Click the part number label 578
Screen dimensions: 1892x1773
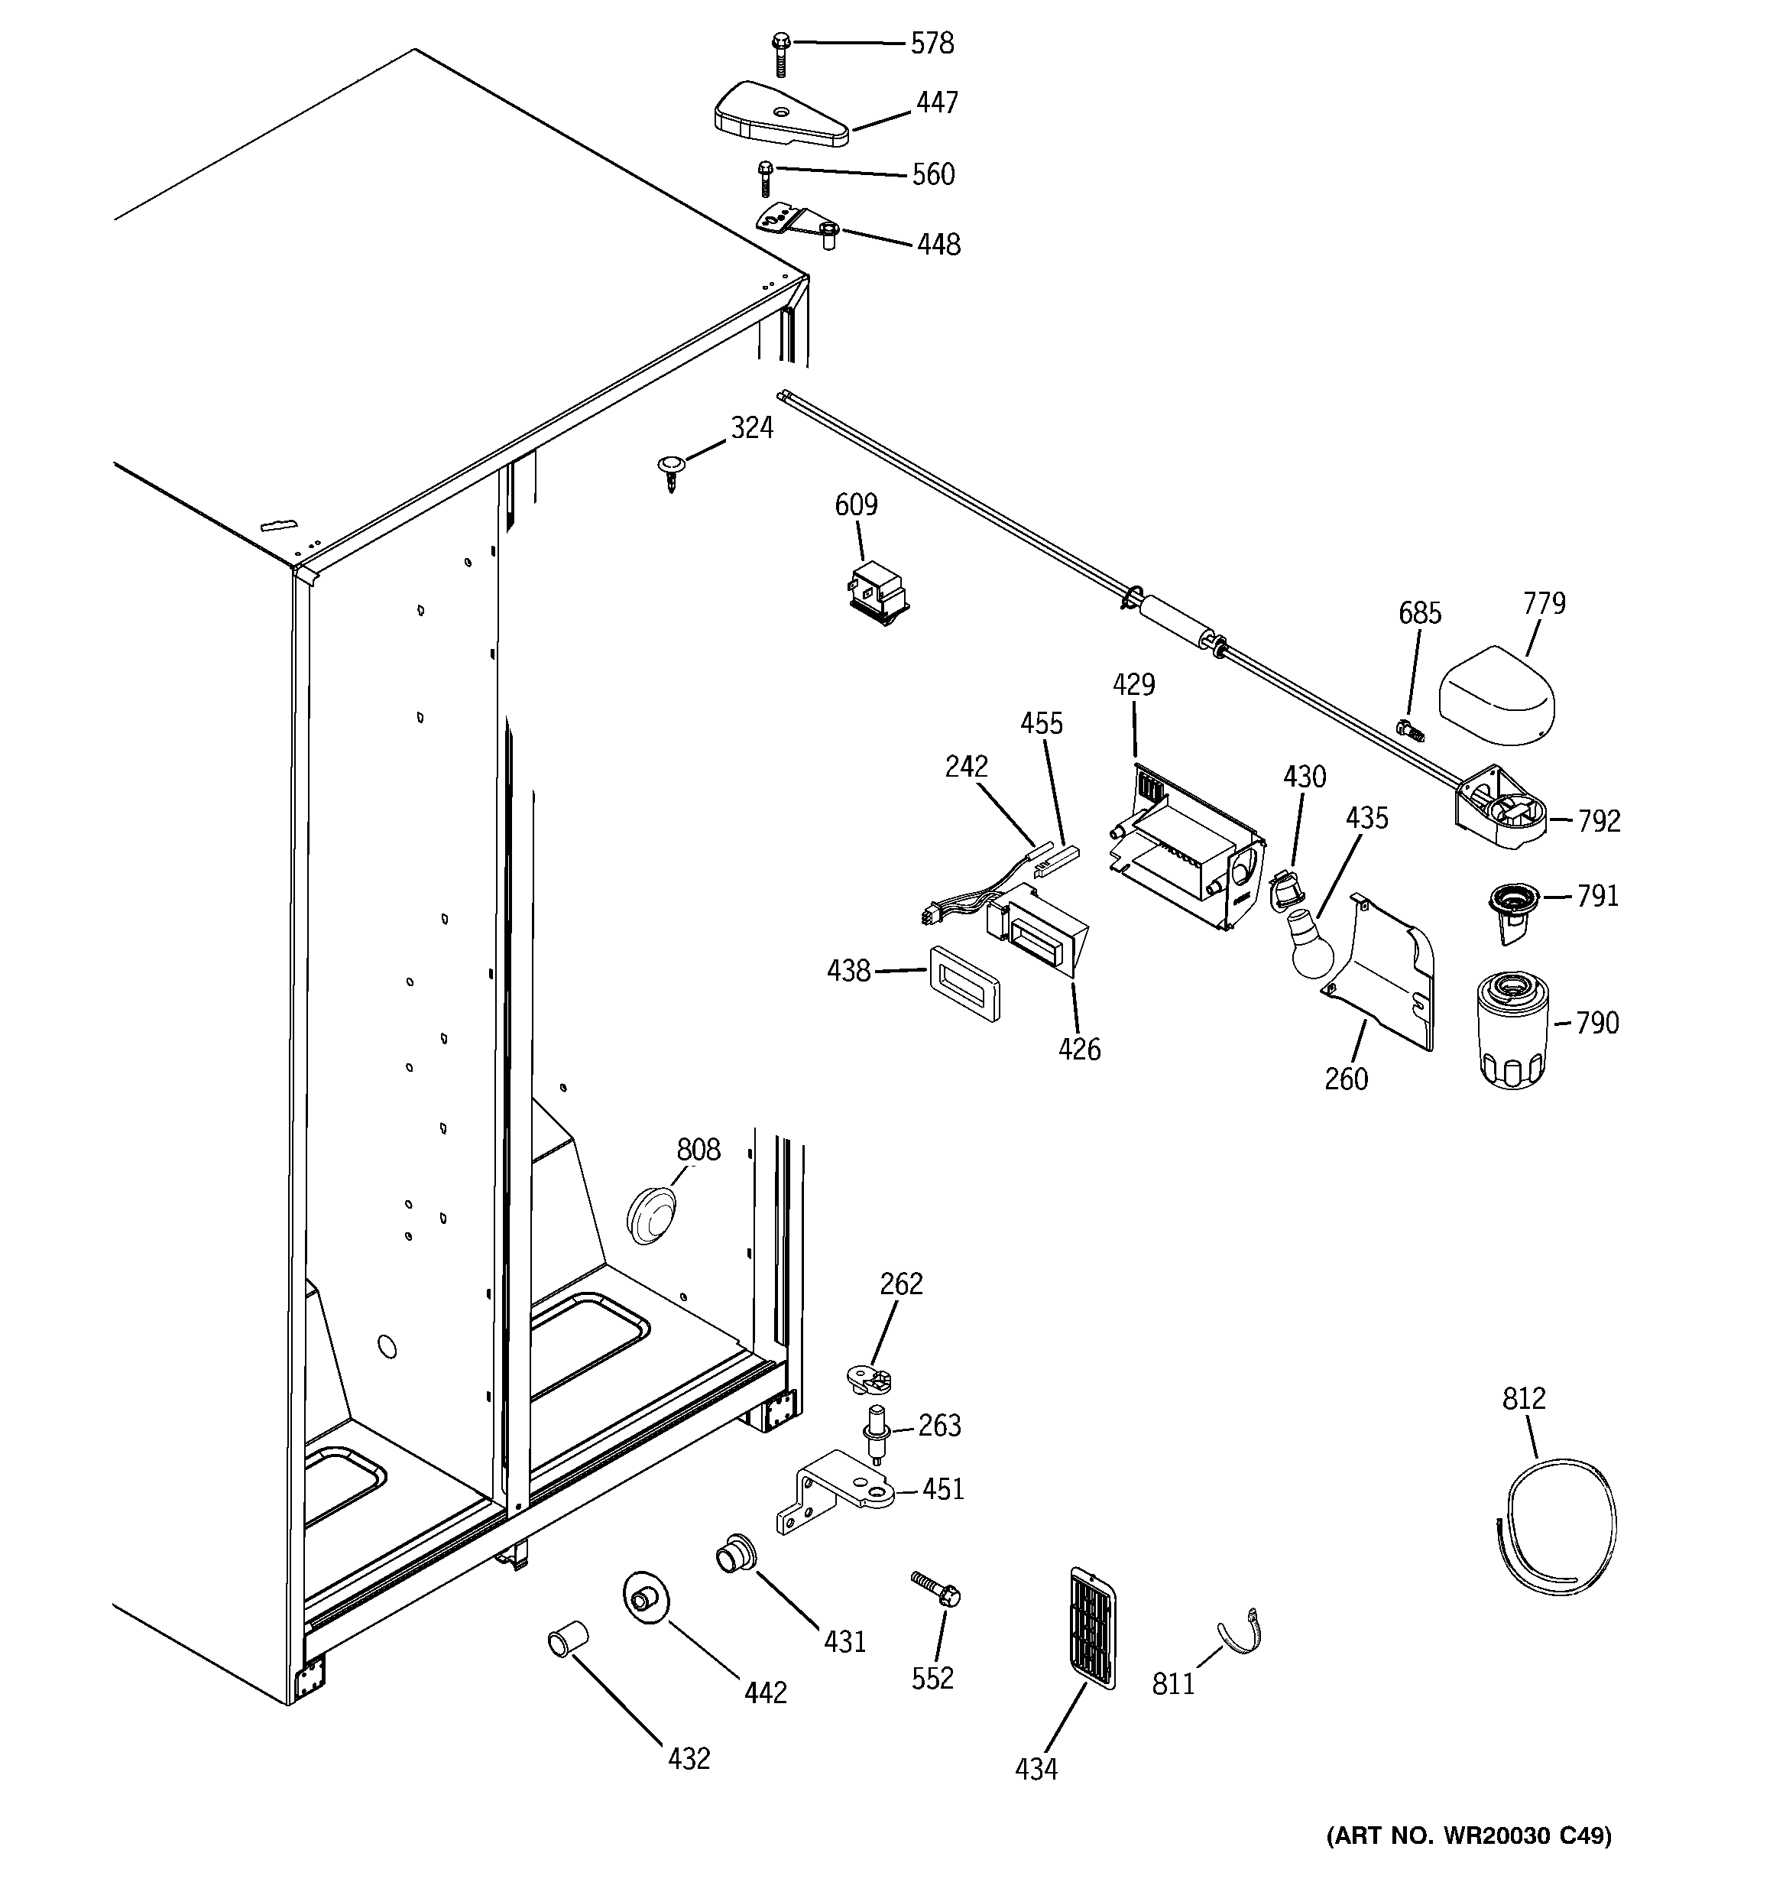[x=932, y=44]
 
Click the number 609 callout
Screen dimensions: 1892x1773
[x=856, y=505]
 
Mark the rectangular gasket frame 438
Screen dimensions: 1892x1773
[x=963, y=983]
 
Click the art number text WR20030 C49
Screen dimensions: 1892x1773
[x=1469, y=1862]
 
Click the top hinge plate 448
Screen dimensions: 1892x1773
[x=798, y=225]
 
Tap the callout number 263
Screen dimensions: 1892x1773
[x=939, y=1425]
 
